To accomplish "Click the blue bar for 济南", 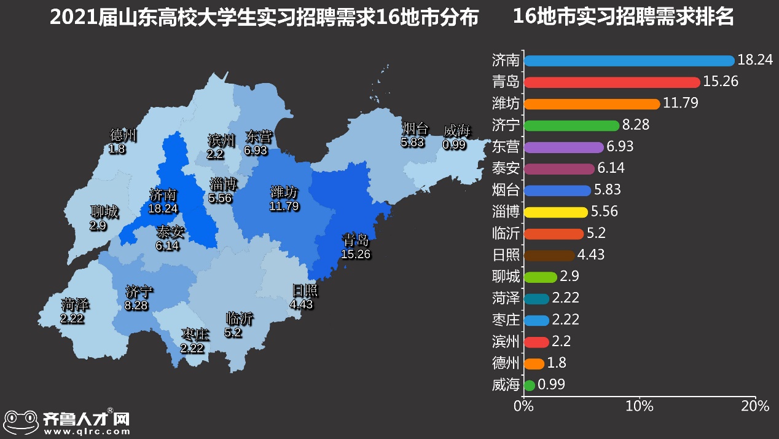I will click(x=629, y=60).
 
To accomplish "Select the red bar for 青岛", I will click(x=612, y=82).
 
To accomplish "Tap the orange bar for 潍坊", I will click(x=592, y=104).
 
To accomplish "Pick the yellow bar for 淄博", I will click(x=555, y=212).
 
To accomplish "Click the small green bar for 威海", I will click(x=529, y=386).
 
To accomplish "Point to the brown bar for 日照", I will click(x=549, y=255).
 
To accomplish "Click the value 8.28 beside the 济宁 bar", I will click(x=636, y=125).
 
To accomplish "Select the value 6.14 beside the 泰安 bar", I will click(x=611, y=168).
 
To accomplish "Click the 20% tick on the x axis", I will click(x=755, y=406).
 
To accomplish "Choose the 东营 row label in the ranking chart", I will click(x=506, y=147).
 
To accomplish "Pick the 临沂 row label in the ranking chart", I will click(x=506, y=234).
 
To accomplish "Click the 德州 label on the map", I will click(x=123, y=135).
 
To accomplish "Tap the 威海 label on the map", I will click(x=456, y=131).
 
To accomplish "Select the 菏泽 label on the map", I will click(x=75, y=304).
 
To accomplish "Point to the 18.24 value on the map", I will click(x=163, y=209).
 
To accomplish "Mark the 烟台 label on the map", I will click(x=415, y=129).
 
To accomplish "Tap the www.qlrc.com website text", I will click(x=87, y=432).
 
